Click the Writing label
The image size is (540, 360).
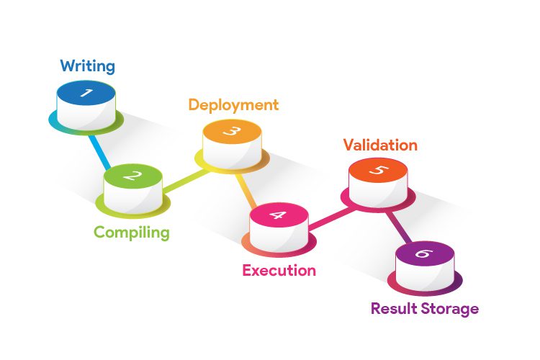click(x=87, y=66)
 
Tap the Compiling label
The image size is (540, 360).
click(x=132, y=233)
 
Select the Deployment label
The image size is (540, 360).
click(x=233, y=104)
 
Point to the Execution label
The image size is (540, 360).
click(x=279, y=271)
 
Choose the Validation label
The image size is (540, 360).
click(x=380, y=145)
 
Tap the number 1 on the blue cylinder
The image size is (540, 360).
click(x=86, y=93)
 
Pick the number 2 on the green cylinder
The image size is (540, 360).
click(x=132, y=175)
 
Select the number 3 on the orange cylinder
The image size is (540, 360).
click(x=232, y=131)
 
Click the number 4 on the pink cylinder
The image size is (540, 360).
click(x=279, y=215)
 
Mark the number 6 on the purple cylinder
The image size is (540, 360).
click(x=425, y=253)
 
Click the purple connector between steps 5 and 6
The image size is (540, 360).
click(x=397, y=228)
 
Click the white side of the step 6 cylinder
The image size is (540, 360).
click(x=425, y=274)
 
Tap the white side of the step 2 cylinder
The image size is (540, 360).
click(x=132, y=196)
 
